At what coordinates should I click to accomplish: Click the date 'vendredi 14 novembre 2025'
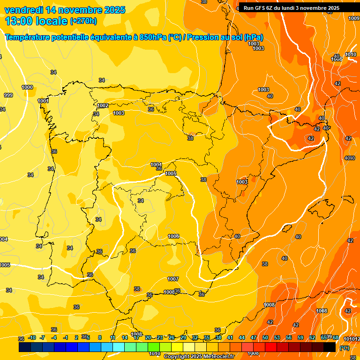point(65,10)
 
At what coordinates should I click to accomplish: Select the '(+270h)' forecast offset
point(83,21)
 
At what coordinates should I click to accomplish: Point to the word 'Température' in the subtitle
point(28,37)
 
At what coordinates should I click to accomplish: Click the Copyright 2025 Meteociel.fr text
point(199,356)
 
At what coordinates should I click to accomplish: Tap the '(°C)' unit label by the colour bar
point(345,348)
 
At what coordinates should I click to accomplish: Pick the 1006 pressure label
point(173,236)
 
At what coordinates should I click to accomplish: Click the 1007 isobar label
point(173,279)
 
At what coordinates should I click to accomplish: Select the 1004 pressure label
point(157,165)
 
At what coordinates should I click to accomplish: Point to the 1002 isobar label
point(103,105)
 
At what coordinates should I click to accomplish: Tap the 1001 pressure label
point(43,101)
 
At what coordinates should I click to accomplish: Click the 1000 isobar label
point(27,87)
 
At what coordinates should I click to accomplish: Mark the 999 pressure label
point(8,95)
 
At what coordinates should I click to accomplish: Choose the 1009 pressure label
point(354,18)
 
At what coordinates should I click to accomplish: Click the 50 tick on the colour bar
point(265,337)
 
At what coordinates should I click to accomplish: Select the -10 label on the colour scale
point(32,337)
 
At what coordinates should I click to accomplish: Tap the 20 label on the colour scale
point(148,337)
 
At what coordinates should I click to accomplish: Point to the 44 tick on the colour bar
point(242,337)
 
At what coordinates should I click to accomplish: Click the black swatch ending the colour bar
point(330,347)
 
